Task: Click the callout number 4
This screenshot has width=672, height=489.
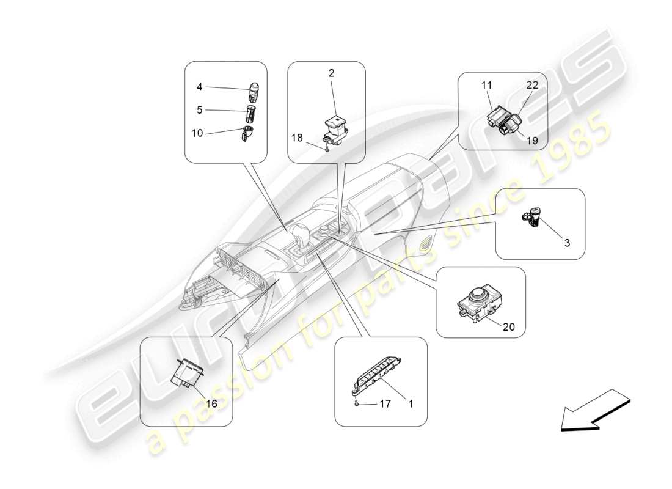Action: point(199,87)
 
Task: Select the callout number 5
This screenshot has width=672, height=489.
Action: point(199,111)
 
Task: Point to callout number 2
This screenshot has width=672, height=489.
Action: point(331,73)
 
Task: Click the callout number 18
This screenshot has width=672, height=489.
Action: point(298,138)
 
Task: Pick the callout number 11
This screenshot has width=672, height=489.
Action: point(487,86)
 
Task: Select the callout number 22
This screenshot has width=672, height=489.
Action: point(533,86)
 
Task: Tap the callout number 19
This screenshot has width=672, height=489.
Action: point(531,141)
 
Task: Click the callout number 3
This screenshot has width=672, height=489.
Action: point(567,243)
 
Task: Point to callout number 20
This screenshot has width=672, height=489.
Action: point(508,327)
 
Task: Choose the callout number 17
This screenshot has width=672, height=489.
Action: point(384,403)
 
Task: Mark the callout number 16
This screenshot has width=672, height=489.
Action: point(211,403)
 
